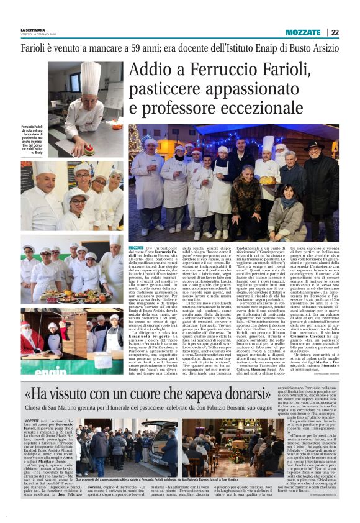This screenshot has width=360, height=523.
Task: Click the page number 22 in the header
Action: [335, 32]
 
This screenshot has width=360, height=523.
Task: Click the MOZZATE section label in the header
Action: [302, 32]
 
